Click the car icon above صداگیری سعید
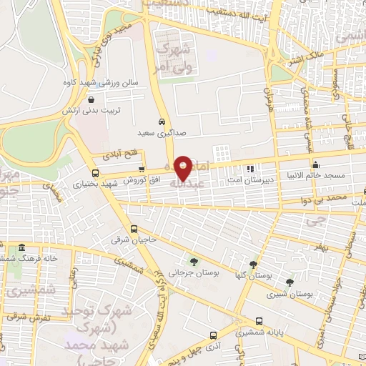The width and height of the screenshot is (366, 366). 163,121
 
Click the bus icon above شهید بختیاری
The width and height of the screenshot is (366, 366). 96,173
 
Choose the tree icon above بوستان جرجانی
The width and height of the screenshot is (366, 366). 194,262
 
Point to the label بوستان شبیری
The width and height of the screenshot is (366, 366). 290,294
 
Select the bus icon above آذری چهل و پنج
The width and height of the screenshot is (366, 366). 213,335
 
